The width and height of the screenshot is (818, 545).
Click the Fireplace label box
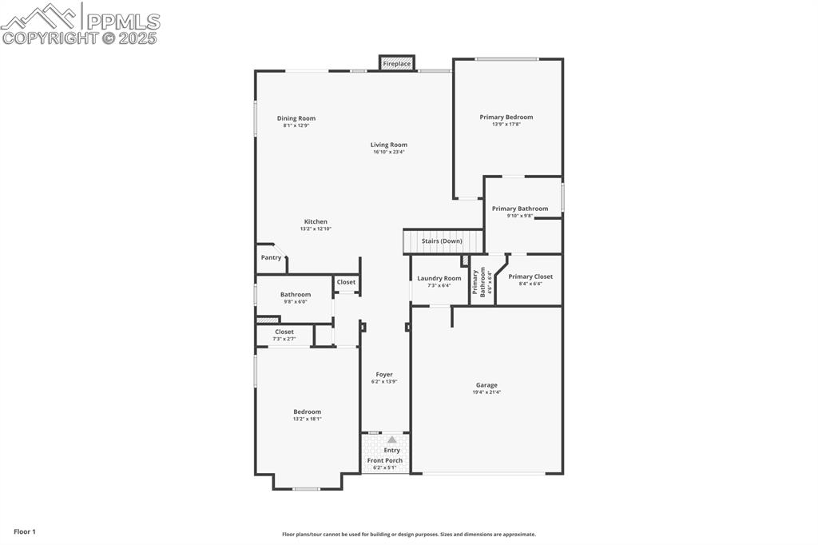(x=396, y=63)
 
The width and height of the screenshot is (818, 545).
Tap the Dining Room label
(x=296, y=118)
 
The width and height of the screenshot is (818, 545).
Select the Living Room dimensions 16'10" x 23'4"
(x=389, y=152)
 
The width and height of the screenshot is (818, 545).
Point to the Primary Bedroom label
(x=506, y=117)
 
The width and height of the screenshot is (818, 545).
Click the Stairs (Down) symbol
(x=443, y=241)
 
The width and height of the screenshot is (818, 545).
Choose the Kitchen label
(x=316, y=221)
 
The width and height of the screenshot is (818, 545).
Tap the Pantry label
(x=271, y=257)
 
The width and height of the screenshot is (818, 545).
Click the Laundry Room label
(x=439, y=278)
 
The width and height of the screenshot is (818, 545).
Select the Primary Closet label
(x=530, y=276)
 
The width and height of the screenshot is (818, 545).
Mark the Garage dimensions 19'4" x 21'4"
(x=486, y=392)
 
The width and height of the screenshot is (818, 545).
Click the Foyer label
(x=384, y=374)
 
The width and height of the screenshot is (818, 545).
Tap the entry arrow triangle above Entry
(x=391, y=440)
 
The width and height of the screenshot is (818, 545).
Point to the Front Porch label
(x=385, y=460)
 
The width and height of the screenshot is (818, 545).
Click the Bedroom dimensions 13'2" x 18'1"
(x=307, y=419)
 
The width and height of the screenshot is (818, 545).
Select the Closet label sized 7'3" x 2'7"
(x=284, y=332)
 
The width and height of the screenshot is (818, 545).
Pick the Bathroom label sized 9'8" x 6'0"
(x=296, y=294)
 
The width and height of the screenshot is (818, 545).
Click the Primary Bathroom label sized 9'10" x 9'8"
(x=520, y=209)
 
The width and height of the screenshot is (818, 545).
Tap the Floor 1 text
(x=25, y=531)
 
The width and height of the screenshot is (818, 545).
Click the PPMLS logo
(x=80, y=24)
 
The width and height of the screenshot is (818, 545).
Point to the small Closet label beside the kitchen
(x=346, y=282)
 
